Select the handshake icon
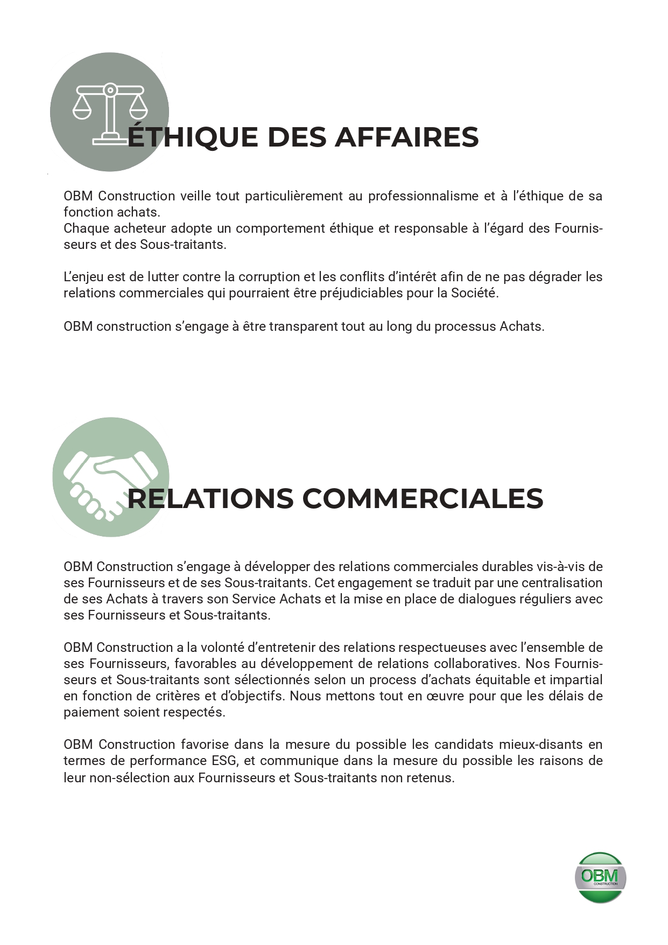(x=110, y=477)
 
